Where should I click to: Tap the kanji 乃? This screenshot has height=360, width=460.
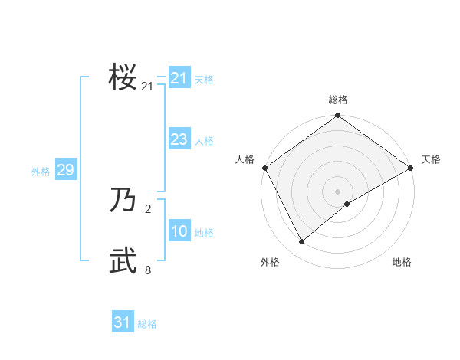tap(123, 201)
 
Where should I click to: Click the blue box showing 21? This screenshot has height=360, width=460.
tap(179, 78)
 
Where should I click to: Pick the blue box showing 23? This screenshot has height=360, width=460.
tap(179, 139)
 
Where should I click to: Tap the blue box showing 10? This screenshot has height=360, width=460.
tap(179, 231)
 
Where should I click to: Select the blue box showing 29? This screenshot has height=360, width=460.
tap(65, 170)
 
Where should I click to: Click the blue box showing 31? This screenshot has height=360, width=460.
tap(122, 322)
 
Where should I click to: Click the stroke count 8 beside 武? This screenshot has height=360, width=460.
tap(148, 270)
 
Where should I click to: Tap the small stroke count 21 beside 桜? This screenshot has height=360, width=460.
tap(147, 87)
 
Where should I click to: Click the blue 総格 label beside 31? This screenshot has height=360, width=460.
tap(147, 324)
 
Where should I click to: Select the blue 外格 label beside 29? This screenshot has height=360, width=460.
tap(41, 172)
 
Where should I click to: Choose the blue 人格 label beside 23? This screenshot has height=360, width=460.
tap(204, 141)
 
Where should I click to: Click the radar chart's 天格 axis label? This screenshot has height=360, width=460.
tap(431, 159)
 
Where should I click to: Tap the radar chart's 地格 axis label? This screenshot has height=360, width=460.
tap(402, 262)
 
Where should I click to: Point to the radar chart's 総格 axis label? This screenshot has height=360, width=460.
tap(338, 100)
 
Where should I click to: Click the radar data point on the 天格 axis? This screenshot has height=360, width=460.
tap(411, 168)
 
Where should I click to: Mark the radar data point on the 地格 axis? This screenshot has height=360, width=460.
tap(347, 204)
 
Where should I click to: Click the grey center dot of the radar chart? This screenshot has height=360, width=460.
tap(338, 191)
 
